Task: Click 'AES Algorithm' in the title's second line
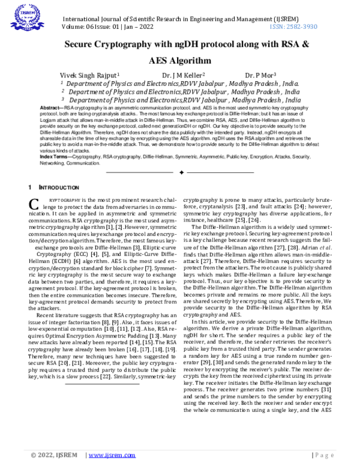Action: point(179,61)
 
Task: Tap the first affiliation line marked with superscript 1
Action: point(180,84)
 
